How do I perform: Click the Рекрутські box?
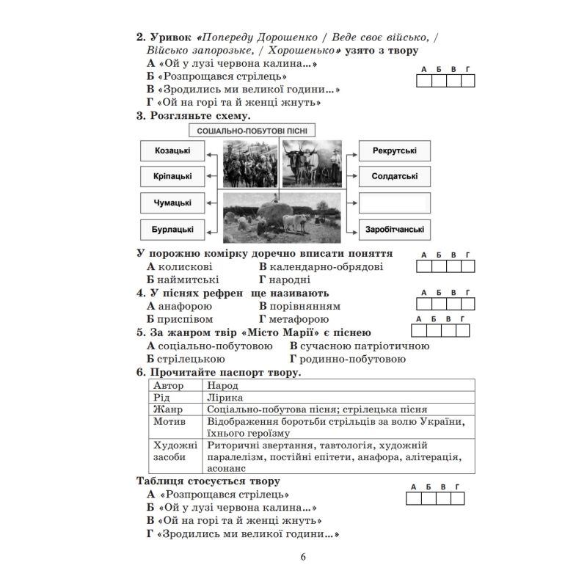point(395,150)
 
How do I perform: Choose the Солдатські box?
point(395,176)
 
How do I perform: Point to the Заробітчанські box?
point(395,229)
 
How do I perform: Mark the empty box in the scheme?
point(395,203)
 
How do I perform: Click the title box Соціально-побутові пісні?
point(252,130)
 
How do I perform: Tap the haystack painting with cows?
point(284,216)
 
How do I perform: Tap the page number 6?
point(304,556)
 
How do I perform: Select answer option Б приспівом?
point(180,319)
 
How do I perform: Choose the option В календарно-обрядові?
point(321,266)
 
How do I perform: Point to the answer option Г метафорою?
point(293,319)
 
